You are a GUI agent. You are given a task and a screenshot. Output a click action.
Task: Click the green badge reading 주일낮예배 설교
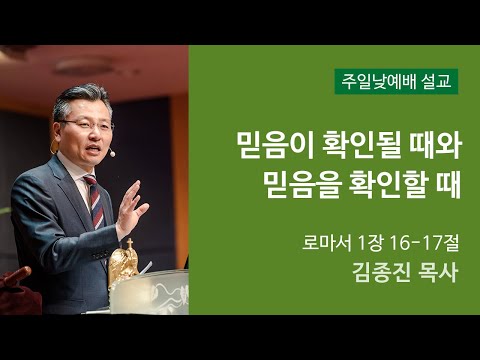396,80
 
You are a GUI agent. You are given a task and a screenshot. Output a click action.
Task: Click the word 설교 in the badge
438,80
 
